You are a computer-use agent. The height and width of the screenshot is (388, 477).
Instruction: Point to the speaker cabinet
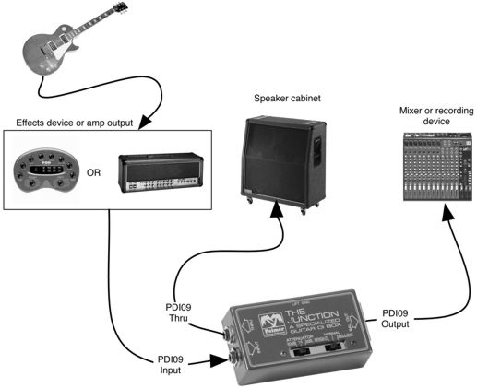click(281, 157)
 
